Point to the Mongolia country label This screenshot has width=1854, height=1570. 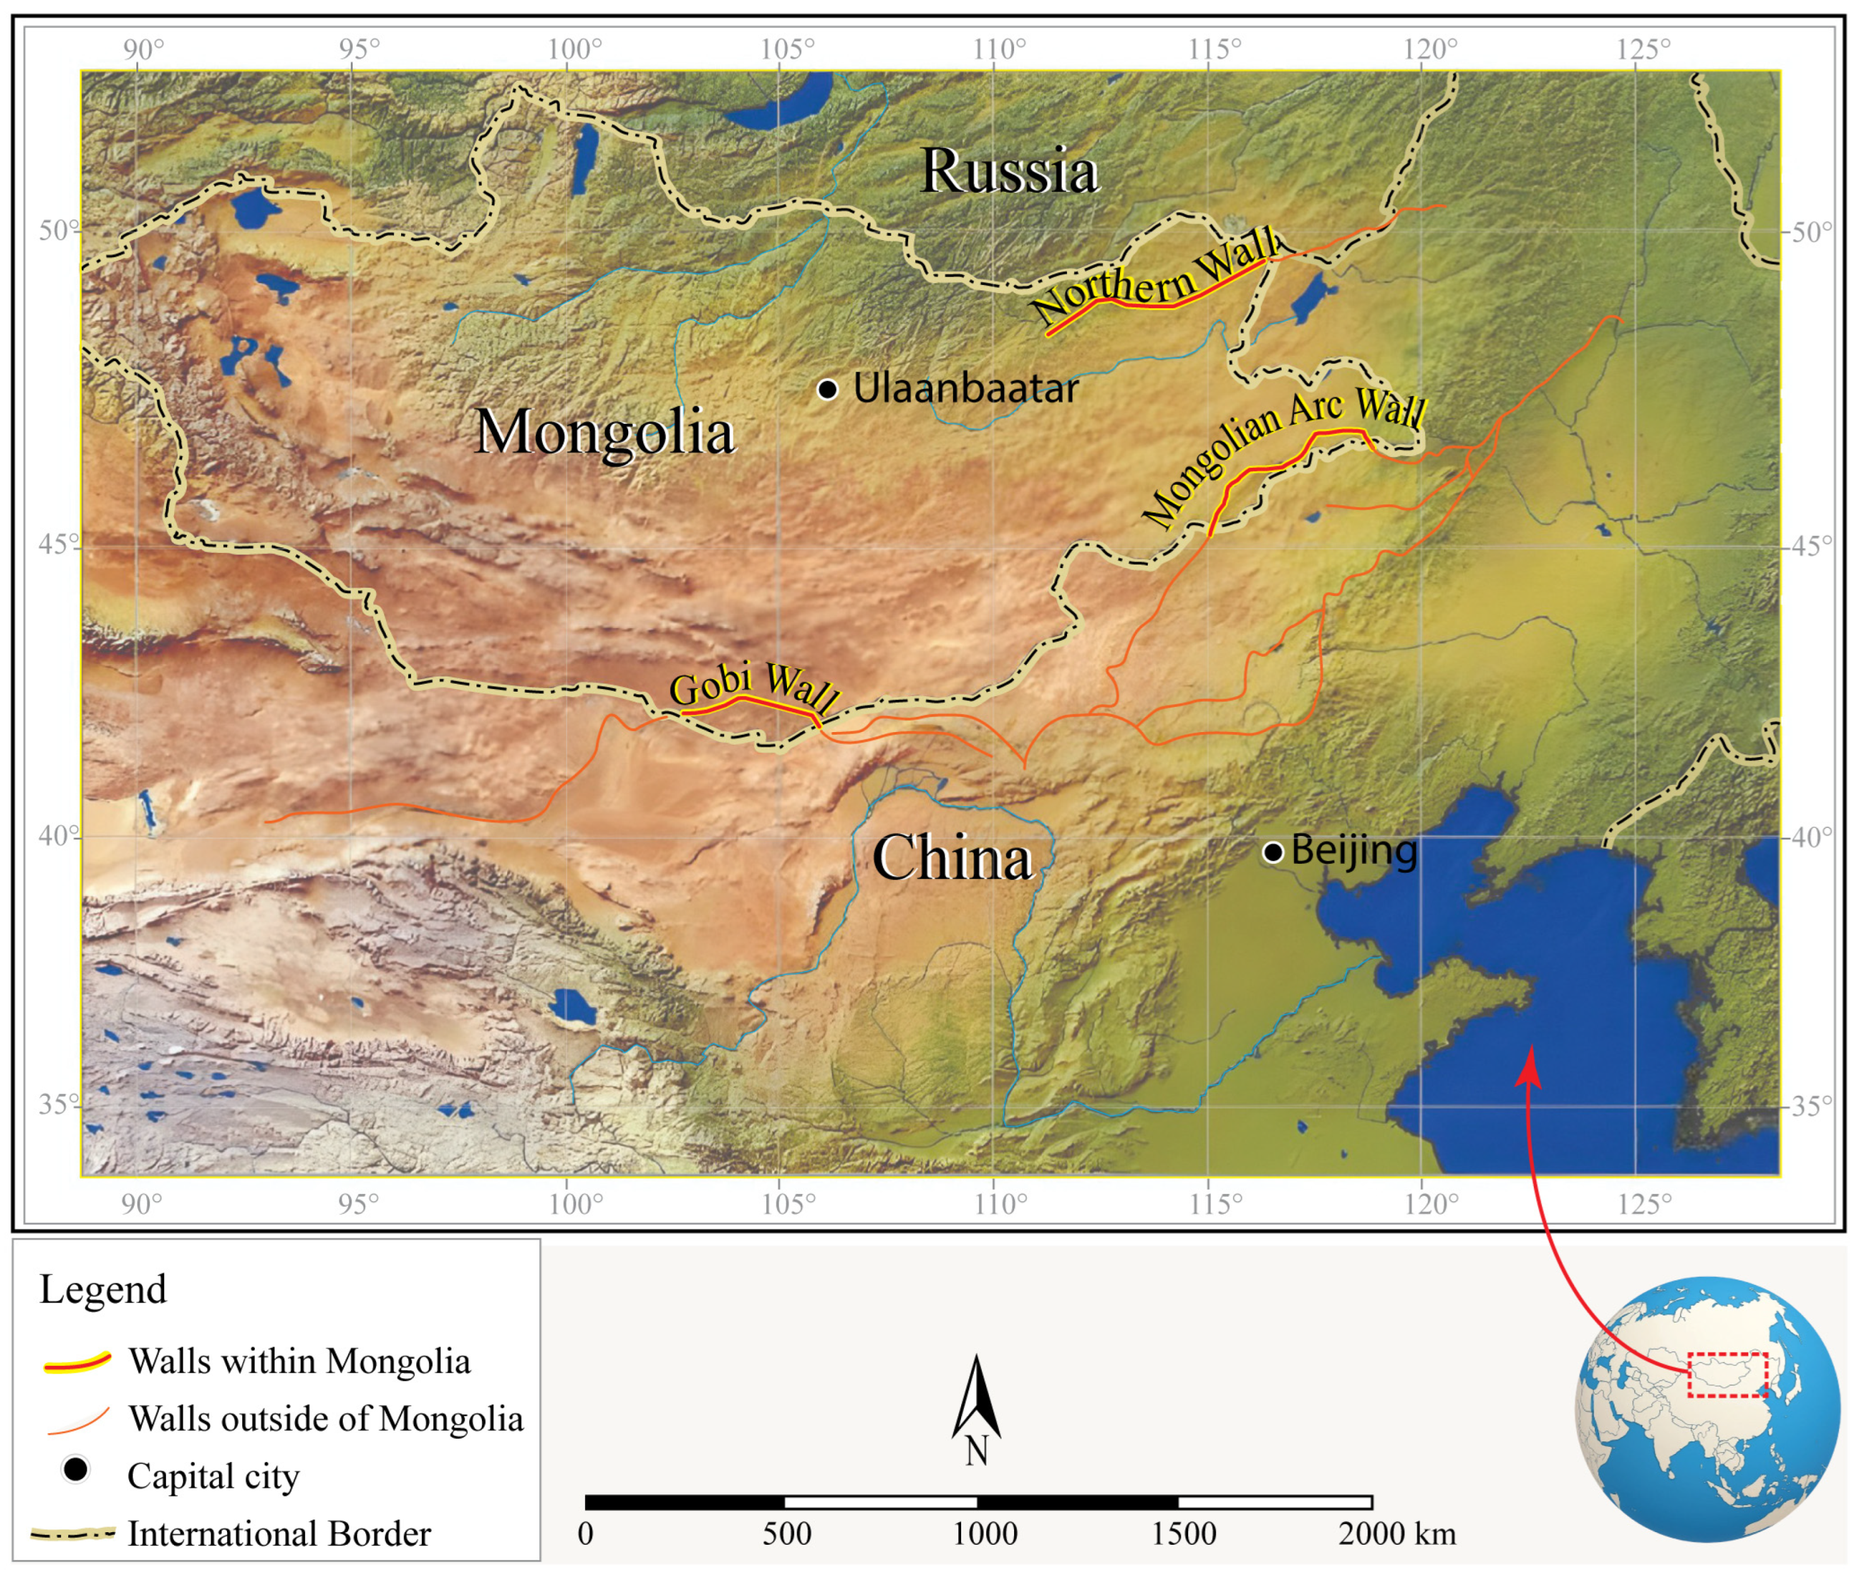point(604,432)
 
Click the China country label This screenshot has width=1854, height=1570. point(952,858)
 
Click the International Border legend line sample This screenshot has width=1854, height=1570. point(73,1533)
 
